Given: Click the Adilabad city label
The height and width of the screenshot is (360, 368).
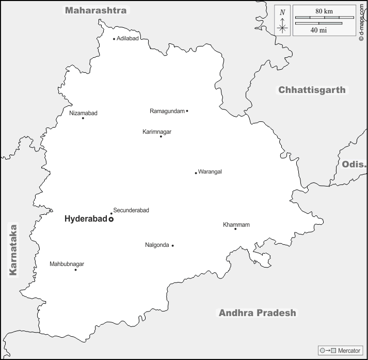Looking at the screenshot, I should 127,39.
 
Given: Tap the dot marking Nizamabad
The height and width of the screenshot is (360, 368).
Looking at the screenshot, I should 83,118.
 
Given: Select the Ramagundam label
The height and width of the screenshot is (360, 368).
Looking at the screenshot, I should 167,111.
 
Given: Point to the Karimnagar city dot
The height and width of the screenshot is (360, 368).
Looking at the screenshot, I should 161,136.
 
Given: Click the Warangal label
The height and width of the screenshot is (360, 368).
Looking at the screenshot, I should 210,172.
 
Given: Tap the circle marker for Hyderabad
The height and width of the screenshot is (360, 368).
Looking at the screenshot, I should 111,220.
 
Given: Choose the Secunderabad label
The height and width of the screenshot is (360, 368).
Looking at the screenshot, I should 131,210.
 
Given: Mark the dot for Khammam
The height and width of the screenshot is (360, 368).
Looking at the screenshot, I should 235,229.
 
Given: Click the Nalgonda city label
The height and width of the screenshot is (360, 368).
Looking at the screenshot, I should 157,245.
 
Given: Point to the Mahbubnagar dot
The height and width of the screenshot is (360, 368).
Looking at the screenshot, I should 75,270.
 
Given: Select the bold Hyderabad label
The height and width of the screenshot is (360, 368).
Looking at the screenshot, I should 85,219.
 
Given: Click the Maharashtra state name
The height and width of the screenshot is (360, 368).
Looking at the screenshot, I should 95,10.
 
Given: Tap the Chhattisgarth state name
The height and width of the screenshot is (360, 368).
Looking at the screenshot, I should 312,90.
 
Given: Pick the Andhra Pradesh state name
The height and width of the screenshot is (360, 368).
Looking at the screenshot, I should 258,312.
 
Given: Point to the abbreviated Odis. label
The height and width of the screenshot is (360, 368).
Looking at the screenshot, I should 354,165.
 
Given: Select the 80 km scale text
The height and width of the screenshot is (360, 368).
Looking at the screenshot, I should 324,11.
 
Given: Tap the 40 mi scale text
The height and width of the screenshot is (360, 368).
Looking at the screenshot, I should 318,30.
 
